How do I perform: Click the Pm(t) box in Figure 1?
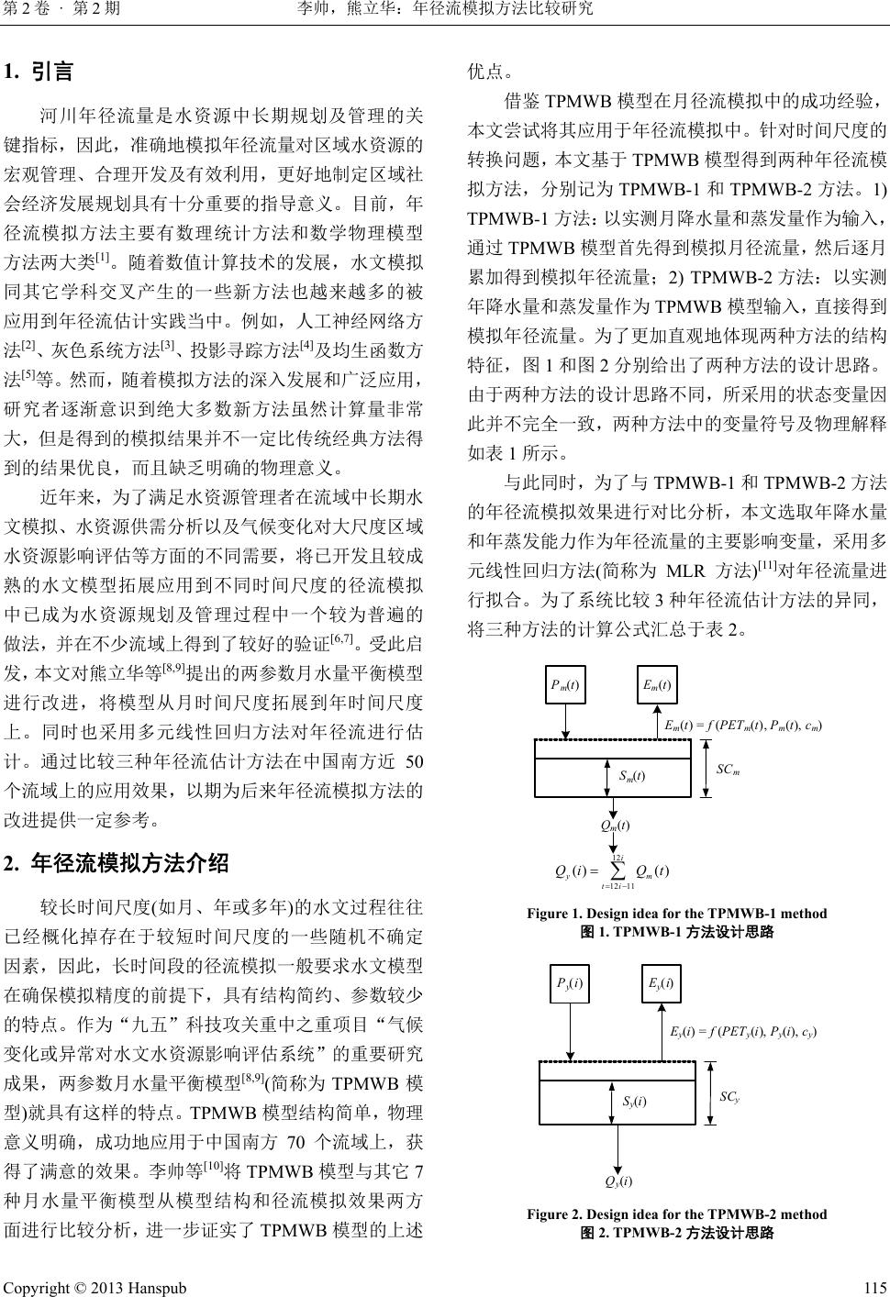click(565, 684)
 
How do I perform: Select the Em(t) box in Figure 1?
click(656, 684)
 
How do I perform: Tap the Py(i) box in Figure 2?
click(569, 983)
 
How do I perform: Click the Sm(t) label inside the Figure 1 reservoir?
click(631, 777)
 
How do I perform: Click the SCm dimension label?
click(728, 769)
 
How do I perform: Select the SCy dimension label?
click(729, 1096)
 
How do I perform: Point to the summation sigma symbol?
click(617, 870)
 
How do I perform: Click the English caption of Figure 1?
click(676, 914)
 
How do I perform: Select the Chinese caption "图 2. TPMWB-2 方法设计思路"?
click(677, 1232)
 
